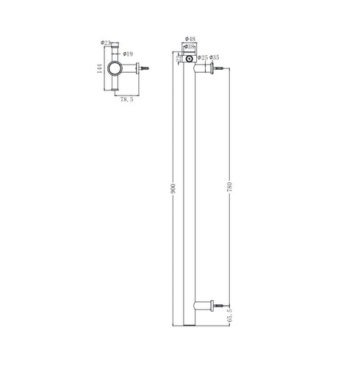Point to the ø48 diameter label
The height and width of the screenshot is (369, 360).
point(189,38)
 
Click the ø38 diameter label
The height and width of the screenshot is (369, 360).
point(189,46)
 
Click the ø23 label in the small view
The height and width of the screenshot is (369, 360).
point(106,43)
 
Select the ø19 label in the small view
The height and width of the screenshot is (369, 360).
point(128,53)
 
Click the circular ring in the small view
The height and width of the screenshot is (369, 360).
point(116,71)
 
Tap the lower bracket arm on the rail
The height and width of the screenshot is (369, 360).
point(204,303)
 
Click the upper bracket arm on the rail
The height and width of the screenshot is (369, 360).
point(204,68)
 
